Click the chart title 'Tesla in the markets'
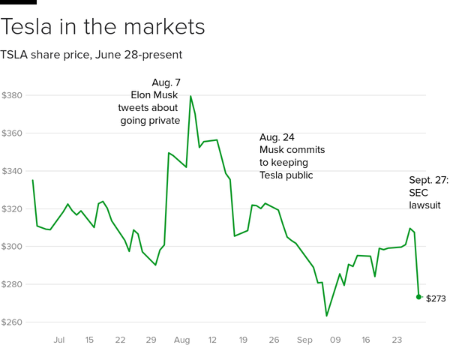[103, 27]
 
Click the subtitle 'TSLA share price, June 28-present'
[91, 55]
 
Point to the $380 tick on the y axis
[12, 96]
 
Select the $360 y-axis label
[12, 133]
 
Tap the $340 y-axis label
[12, 171]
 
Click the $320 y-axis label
[12, 209]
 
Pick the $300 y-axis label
[12, 247]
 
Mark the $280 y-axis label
[12, 285]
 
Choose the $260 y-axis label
[12, 322]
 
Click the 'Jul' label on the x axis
[59, 340]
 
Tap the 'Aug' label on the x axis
[181, 340]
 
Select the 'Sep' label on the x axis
[304, 340]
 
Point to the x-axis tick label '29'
[151, 340]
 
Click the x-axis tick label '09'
[334, 340]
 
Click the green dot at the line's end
[418, 297]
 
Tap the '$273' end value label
[436, 298]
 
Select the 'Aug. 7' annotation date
[166, 82]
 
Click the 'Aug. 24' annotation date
[277, 138]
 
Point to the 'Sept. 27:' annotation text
[428, 180]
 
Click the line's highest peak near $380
[190, 96]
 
